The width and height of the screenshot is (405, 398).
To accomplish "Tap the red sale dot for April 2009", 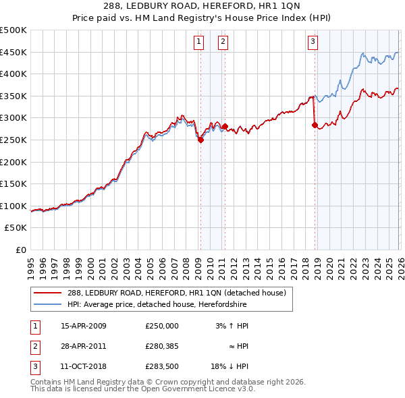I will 200,140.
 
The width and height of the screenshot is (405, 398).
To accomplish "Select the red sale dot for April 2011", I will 225,126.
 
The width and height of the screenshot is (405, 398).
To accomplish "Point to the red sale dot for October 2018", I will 315,125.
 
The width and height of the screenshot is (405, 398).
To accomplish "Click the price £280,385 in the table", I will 162,346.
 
